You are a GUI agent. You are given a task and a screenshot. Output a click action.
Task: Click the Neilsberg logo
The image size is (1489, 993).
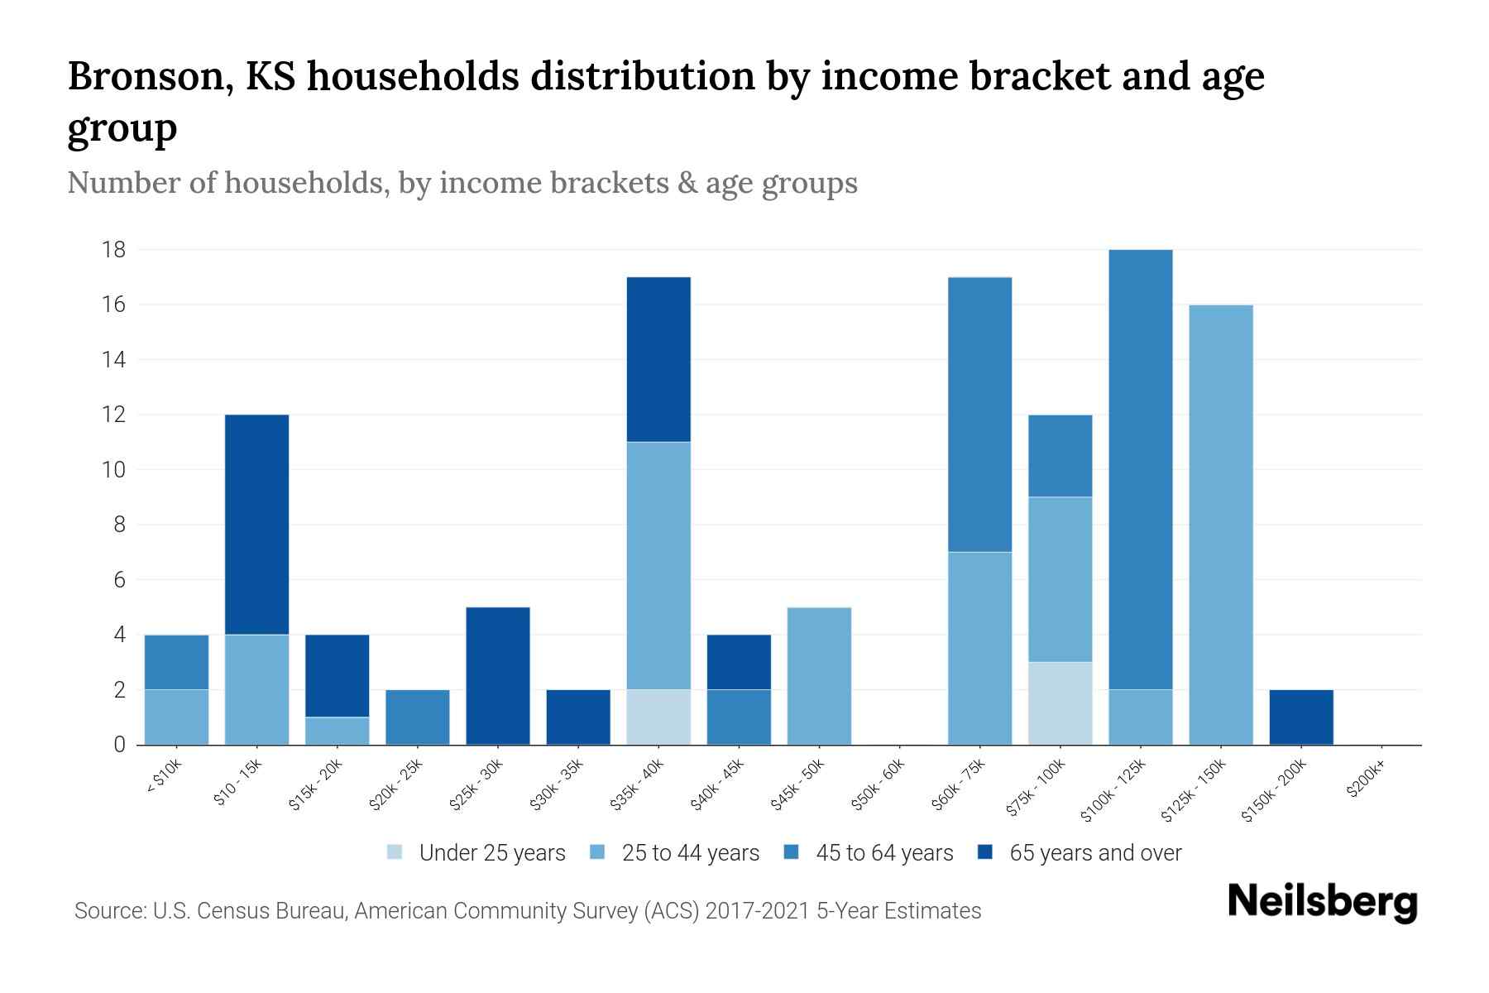point(1322,902)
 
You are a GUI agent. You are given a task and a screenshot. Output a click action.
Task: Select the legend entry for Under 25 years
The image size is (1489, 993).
point(476,853)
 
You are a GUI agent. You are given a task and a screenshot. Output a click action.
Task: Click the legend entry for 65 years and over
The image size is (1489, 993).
point(1080,853)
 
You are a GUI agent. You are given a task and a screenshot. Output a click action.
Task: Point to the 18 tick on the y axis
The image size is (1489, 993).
point(114,250)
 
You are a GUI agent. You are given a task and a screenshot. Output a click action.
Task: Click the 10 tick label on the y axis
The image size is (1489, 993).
point(114,470)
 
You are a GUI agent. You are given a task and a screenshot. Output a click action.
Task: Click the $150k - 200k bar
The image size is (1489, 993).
point(1301,717)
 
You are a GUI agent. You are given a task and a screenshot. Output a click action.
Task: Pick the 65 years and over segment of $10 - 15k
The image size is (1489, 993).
point(256,525)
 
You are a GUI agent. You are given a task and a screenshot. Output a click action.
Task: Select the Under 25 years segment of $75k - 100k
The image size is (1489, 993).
point(1060,703)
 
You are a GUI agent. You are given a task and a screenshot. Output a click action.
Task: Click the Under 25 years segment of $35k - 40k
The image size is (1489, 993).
point(658,717)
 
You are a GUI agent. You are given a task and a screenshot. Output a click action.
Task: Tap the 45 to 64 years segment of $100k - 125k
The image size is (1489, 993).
point(1140,469)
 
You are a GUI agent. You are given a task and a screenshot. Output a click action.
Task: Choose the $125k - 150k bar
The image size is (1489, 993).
point(1221,525)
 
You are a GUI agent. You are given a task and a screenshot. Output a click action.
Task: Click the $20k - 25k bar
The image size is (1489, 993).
point(418,717)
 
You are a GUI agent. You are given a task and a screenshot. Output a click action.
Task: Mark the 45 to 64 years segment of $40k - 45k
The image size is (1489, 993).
point(739,717)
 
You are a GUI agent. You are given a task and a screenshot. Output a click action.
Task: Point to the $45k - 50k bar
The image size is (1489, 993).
point(819,676)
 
